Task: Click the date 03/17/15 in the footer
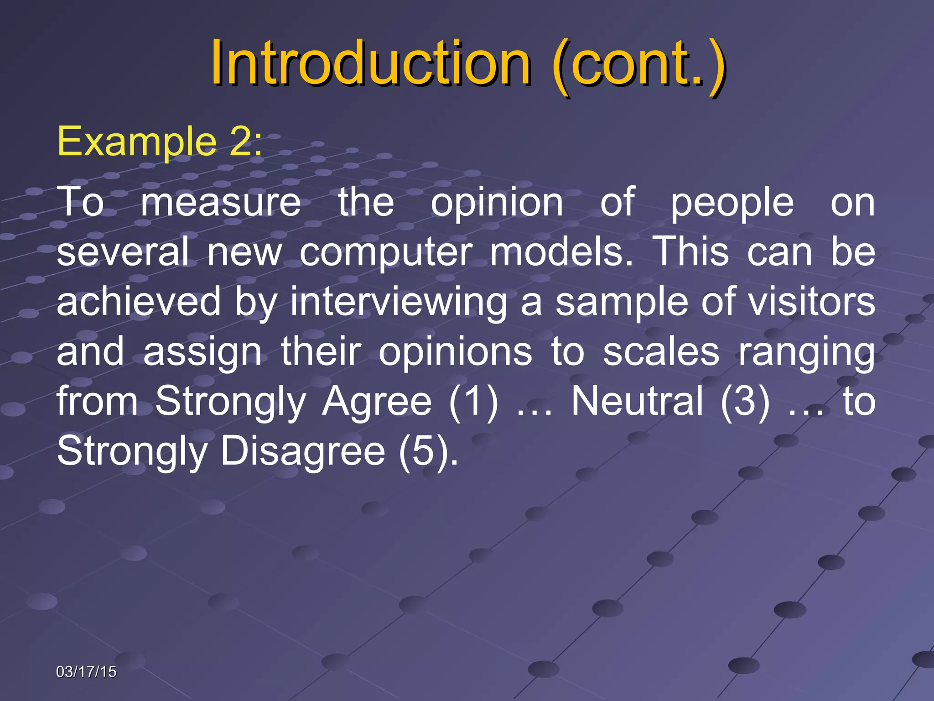86,672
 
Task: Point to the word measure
221,202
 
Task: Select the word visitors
812,302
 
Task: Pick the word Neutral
637,401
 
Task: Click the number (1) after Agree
473,402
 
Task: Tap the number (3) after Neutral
745,402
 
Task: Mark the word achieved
139,302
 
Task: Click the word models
561,252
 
